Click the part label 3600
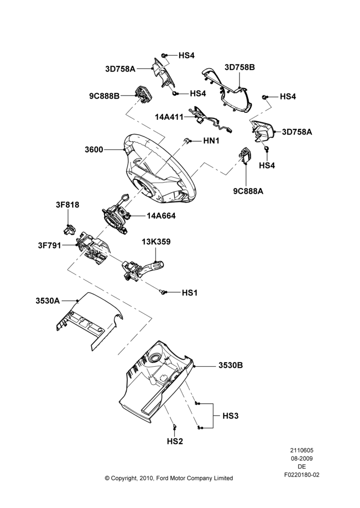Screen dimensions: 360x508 (x=94, y=150)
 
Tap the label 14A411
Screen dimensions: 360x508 (x=169, y=117)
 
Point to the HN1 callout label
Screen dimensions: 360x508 (x=211, y=141)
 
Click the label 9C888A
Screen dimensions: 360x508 (x=248, y=191)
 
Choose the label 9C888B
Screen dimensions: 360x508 (x=104, y=96)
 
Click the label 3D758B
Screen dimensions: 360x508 (x=239, y=68)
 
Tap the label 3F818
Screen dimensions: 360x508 (x=67, y=205)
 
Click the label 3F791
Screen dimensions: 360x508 (x=49, y=245)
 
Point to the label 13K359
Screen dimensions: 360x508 (x=156, y=242)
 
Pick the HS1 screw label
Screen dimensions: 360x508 (x=189, y=293)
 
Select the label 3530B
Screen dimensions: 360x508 (x=230, y=365)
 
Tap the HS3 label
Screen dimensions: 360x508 (x=230, y=416)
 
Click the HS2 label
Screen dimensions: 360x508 (x=175, y=441)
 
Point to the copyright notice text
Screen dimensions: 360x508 (x=169, y=478)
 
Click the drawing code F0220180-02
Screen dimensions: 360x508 (x=302, y=475)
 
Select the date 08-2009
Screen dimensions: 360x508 (x=302, y=458)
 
